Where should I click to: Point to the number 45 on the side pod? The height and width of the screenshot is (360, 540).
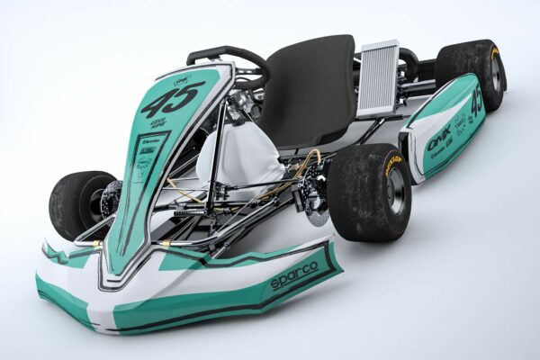click(x=475, y=102)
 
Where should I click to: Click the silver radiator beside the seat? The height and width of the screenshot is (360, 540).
click(x=376, y=79)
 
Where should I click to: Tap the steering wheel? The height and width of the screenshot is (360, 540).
click(x=230, y=60)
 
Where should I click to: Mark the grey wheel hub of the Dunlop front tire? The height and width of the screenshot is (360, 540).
click(x=395, y=192)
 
